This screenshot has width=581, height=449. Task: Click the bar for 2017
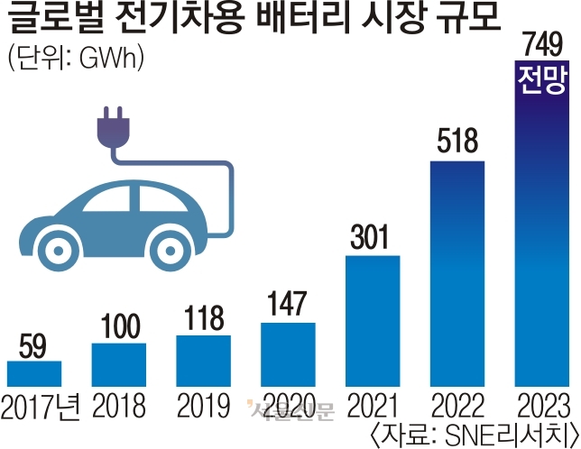tap(34, 373)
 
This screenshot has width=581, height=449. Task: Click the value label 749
tap(541, 45)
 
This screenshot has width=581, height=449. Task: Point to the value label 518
tap(457, 142)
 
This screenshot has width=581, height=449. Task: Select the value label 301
tap(372, 238)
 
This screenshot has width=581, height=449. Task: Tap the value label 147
tap(288, 304)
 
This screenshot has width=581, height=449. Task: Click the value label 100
tap(118, 325)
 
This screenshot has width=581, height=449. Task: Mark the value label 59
tap(33, 344)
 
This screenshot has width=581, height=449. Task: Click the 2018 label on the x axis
tap(118, 402)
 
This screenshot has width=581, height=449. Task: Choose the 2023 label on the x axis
tap(541, 402)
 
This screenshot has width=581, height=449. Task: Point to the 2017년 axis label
tap(40, 402)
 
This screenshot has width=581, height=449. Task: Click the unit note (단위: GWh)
tap(76, 60)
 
